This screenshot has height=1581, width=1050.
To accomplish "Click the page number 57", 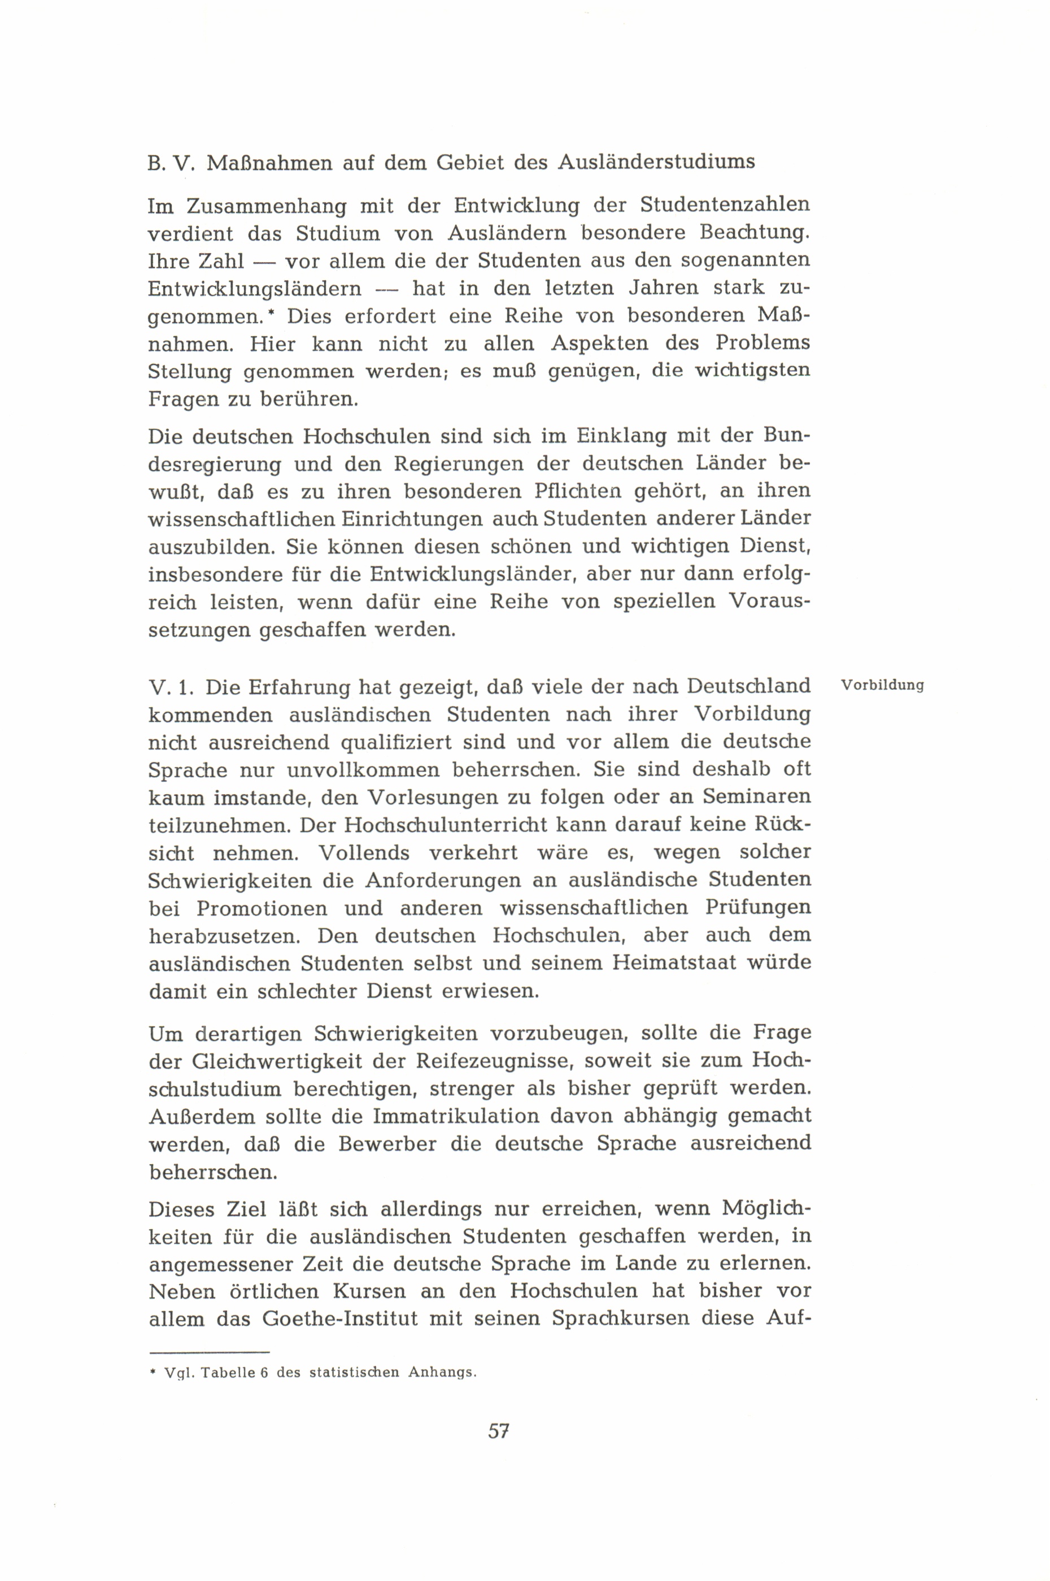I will [499, 1431].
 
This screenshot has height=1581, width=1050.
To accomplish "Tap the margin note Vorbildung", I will [883, 686].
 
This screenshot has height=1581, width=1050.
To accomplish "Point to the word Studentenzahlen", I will [725, 204].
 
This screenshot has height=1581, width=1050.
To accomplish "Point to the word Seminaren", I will [757, 797].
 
